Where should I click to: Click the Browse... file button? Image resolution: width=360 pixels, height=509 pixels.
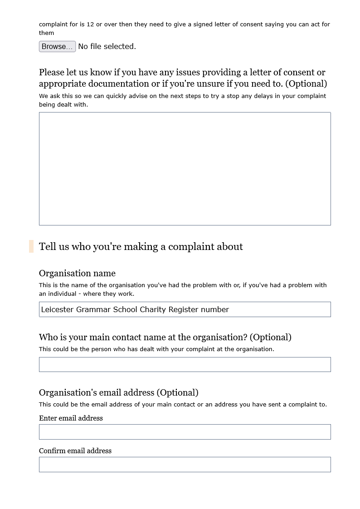click(x=57, y=47)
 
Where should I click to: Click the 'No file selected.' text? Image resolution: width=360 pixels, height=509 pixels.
click(x=107, y=47)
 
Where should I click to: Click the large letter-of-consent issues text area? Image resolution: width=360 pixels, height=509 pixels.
click(x=185, y=168)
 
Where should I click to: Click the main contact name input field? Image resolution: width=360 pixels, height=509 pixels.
click(x=185, y=365)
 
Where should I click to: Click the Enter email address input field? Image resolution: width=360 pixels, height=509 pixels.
click(x=185, y=432)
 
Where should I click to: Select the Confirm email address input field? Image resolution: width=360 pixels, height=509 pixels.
click(x=185, y=465)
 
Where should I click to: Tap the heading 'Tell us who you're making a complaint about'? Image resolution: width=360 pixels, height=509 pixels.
click(x=141, y=247)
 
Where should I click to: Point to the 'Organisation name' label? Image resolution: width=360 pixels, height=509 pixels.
click(x=77, y=273)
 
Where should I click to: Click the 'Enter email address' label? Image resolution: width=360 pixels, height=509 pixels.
click(x=71, y=418)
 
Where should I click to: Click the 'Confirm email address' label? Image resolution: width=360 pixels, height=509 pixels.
click(x=75, y=451)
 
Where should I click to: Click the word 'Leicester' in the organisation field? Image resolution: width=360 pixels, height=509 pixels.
click(x=58, y=309)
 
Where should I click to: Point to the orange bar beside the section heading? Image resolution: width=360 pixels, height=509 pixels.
click(x=31, y=246)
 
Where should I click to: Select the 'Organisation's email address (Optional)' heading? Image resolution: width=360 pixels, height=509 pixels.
click(x=119, y=392)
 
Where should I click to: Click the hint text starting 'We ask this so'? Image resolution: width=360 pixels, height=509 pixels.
click(x=182, y=100)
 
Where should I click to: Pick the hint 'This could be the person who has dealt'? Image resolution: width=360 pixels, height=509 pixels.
click(x=156, y=349)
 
